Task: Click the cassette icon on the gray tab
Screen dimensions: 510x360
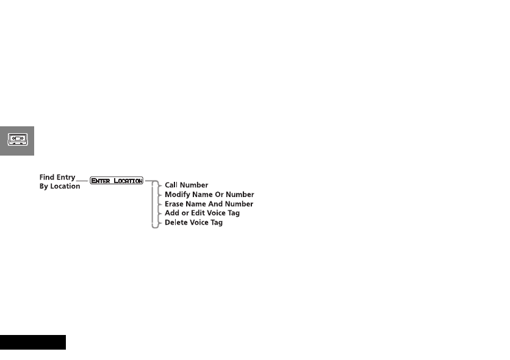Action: (x=16, y=140)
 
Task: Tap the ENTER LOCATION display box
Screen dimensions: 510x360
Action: (x=117, y=181)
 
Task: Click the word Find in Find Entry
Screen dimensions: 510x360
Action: (x=48, y=178)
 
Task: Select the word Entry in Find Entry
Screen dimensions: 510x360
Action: (x=66, y=178)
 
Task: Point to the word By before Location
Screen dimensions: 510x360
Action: (x=44, y=187)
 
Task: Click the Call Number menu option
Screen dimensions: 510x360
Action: (x=186, y=185)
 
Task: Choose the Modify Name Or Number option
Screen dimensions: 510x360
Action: (x=209, y=195)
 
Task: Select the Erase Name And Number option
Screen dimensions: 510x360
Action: (x=209, y=204)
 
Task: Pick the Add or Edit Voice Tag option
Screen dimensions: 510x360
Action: (x=202, y=213)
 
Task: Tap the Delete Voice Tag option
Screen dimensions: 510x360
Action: (x=193, y=223)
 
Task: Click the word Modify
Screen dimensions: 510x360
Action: (x=178, y=195)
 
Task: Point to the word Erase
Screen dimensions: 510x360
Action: (x=174, y=204)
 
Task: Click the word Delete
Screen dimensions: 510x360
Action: (x=176, y=223)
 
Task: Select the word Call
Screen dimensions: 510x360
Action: (x=171, y=185)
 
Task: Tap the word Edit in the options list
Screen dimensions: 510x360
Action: (x=198, y=213)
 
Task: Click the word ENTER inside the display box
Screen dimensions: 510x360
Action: (x=101, y=181)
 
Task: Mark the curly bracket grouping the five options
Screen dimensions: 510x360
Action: (x=154, y=204)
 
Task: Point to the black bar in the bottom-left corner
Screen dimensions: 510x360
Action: (x=32, y=342)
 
